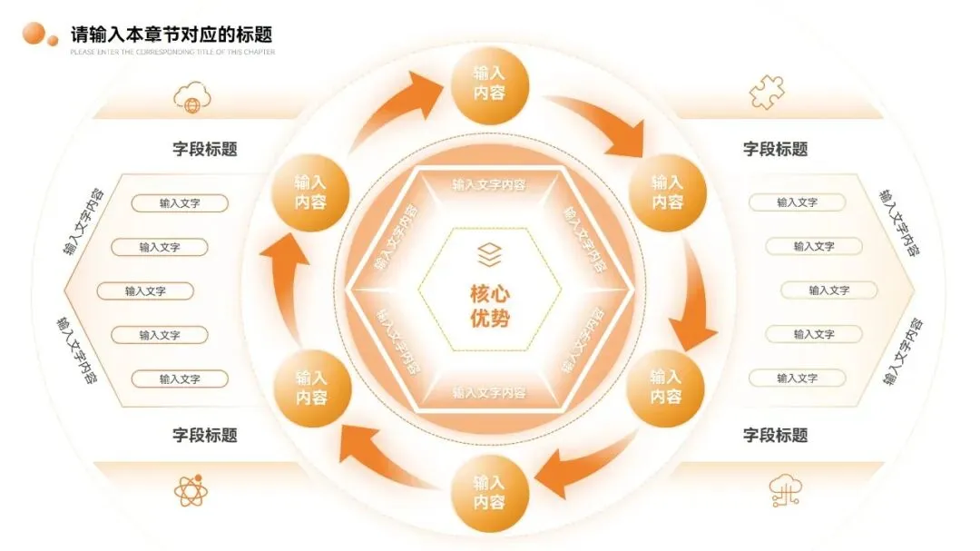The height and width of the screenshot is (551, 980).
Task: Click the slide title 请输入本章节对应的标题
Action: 171,35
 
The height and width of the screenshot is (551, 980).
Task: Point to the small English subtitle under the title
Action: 172,52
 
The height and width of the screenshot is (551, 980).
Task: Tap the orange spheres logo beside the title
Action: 39,34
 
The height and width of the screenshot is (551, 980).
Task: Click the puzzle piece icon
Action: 767,92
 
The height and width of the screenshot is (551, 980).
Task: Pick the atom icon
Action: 191,491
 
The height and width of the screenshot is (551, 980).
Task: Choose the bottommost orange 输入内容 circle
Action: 489,493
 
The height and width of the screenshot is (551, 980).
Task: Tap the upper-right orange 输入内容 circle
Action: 667,192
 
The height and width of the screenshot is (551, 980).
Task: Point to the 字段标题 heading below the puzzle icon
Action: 775,149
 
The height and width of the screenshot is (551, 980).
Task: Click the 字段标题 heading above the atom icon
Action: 205,435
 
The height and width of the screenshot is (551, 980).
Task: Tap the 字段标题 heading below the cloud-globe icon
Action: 205,149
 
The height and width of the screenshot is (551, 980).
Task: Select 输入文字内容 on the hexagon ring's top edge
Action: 489,185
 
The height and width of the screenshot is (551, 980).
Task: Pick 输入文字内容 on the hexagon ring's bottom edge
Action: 489,393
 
